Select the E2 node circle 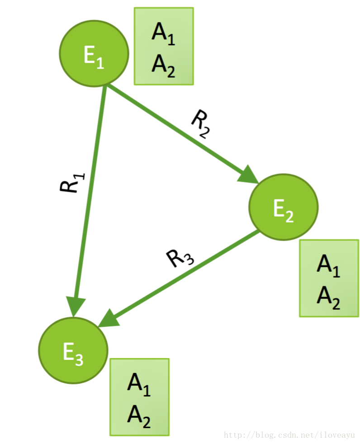(x=283, y=207)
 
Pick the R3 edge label (x=180, y=259)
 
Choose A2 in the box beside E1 (x=163, y=64)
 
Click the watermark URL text (x=289, y=435)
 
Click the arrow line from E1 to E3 (x=90, y=190)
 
